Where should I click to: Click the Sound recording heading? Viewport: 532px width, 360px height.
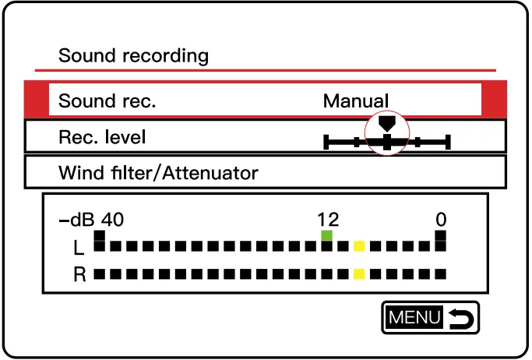point(134,56)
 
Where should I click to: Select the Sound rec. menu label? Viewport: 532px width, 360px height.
point(107,101)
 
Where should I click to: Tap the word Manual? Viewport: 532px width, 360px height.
point(355,101)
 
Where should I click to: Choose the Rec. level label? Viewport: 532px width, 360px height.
point(102,137)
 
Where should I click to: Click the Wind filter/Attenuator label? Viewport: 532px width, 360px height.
point(158,172)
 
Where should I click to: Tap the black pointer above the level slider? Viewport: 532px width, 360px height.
point(387,122)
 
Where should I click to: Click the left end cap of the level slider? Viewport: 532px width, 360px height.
point(326,142)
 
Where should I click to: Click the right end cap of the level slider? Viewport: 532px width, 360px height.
point(449,142)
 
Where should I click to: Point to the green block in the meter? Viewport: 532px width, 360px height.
point(327,235)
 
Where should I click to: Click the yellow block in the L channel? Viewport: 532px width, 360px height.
point(359,247)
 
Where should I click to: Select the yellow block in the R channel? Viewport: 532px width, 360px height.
point(359,274)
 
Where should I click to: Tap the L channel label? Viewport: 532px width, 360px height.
point(79,248)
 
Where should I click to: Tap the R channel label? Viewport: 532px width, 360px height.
point(79,274)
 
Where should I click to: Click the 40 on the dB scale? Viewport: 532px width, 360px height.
point(112,220)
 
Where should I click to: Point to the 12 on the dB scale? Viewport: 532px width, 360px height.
point(328,220)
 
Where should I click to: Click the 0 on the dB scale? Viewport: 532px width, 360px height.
point(441,220)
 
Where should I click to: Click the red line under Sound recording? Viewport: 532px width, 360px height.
point(265,71)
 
